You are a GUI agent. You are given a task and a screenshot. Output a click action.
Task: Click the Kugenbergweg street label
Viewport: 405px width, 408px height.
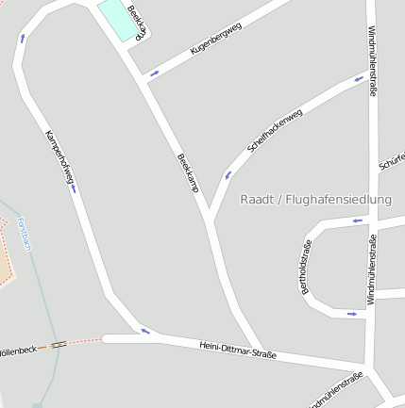tap(216, 38)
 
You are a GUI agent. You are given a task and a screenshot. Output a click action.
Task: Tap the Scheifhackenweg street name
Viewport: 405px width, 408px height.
tap(274, 131)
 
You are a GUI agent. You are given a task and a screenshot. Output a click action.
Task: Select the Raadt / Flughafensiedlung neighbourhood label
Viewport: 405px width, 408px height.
tap(315, 199)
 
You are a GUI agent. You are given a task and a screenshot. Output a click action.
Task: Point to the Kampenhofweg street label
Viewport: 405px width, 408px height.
tap(58, 155)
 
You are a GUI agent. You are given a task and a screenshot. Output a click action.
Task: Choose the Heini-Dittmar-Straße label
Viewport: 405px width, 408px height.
tap(238, 351)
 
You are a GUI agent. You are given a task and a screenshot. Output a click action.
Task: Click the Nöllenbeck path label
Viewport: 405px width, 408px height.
tap(18, 349)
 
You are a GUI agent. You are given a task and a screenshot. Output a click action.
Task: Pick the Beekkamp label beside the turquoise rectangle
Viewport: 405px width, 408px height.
tap(139, 22)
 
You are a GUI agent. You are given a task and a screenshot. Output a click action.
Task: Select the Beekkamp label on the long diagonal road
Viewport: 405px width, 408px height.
tap(187, 171)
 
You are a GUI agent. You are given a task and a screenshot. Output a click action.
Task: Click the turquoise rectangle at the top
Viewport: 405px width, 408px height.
tap(116, 18)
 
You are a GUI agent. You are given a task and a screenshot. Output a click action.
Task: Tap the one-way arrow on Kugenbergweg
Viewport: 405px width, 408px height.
tap(154, 73)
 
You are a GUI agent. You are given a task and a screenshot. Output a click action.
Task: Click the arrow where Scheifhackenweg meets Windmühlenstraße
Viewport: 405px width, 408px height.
tap(359, 79)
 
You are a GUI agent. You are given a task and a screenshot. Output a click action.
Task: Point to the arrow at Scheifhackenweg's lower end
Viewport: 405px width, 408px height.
tap(227, 175)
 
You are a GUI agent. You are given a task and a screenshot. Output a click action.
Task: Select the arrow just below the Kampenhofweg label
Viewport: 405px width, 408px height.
tap(73, 188)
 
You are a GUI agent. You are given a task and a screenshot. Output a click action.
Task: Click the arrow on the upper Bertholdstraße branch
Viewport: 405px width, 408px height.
tap(357, 221)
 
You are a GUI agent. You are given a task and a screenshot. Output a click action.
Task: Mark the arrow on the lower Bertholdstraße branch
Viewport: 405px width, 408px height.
tap(352, 314)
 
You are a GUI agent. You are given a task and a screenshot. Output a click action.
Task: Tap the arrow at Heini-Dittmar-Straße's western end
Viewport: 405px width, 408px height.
tap(144, 331)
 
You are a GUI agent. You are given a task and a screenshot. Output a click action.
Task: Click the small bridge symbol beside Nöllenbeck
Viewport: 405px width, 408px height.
tap(59, 345)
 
